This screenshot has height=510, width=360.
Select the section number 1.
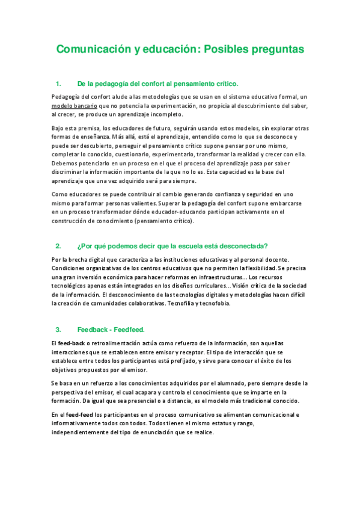tap(58, 84)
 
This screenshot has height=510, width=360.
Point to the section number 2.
tap(58, 246)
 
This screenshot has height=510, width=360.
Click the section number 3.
tap(58, 330)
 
